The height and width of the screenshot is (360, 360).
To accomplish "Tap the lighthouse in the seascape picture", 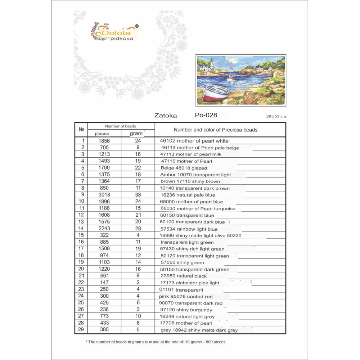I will click(x=212, y=64).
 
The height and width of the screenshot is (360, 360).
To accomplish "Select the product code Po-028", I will click(x=206, y=116).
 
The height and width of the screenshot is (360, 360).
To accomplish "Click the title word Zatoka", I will click(x=166, y=116).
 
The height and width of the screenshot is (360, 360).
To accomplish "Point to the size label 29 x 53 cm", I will click(x=276, y=116).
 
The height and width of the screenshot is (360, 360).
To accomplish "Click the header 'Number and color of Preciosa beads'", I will click(x=215, y=130).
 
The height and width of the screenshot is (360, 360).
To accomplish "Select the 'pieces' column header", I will click(x=102, y=134).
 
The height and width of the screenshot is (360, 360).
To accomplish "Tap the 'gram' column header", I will click(x=136, y=134).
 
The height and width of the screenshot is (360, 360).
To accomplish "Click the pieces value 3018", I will click(x=104, y=195).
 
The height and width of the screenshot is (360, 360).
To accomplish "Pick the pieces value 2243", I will click(x=104, y=229).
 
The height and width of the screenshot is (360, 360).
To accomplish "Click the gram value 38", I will click(x=138, y=195).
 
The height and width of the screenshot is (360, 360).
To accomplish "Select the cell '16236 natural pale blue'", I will click(x=188, y=195).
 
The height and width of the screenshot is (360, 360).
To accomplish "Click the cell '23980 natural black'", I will click(x=184, y=276).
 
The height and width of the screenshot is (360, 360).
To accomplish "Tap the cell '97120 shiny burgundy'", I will click(x=186, y=310).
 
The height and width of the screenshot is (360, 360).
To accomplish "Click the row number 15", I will click(x=81, y=235).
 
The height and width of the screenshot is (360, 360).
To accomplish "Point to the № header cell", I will click(x=81, y=130).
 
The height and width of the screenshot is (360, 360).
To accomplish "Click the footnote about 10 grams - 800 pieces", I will click(x=156, y=342).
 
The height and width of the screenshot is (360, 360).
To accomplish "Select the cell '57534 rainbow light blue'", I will click(x=189, y=229).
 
